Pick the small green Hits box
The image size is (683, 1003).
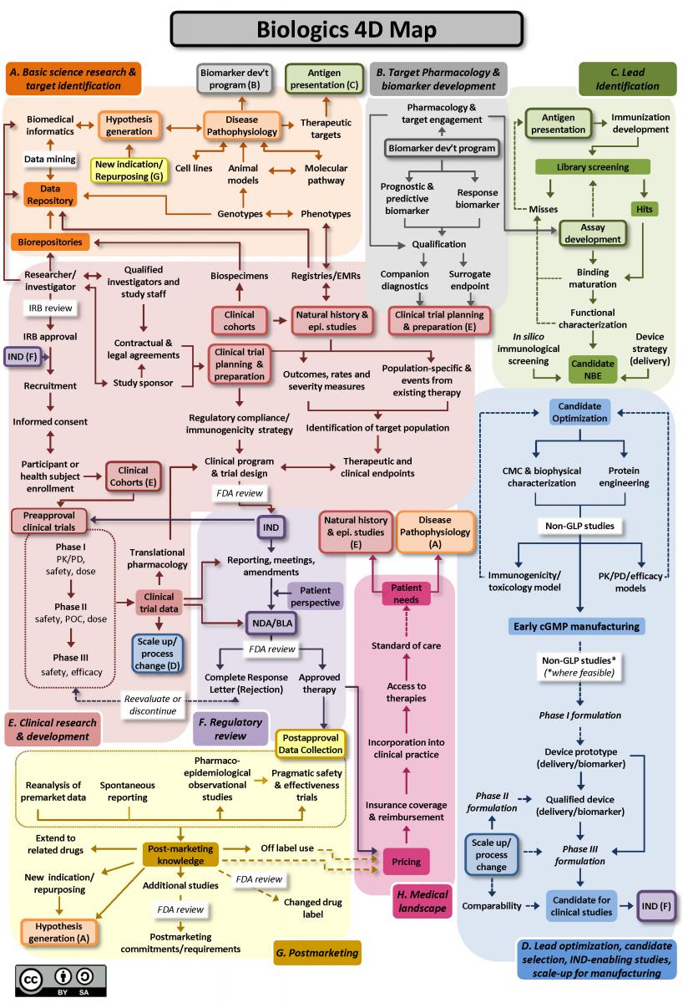tap(643, 208)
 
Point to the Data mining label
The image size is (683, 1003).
tap(50, 159)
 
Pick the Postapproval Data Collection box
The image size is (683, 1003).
tap(311, 744)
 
